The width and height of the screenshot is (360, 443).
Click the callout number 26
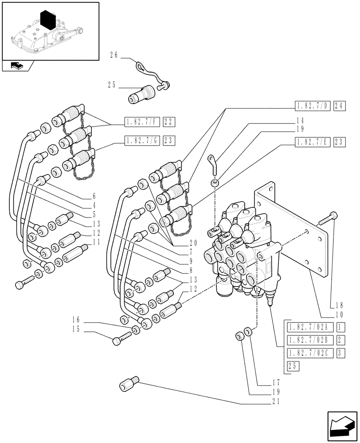pyautogui.click(x=113, y=55)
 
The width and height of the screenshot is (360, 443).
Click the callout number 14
pyautogui.click(x=300, y=120)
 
